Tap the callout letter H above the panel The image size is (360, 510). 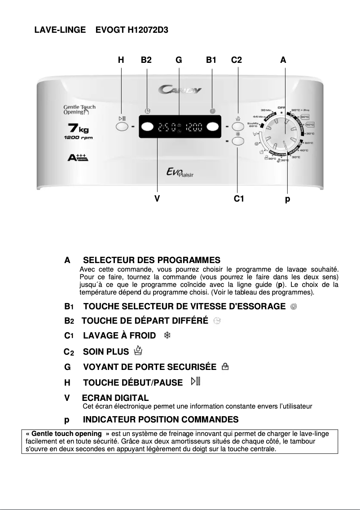click(x=121, y=60)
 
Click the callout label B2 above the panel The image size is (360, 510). click(x=146, y=60)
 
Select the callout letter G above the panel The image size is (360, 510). click(x=179, y=60)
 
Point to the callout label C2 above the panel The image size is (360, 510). click(x=237, y=60)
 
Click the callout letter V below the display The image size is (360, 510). click(x=157, y=198)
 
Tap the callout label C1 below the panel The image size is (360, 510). click(x=239, y=198)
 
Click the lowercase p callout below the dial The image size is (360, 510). click(x=287, y=199)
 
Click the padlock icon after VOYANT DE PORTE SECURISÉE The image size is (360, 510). click(x=225, y=368)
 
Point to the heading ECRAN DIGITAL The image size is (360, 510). click(x=115, y=398)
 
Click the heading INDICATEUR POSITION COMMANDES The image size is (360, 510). click(x=161, y=420)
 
